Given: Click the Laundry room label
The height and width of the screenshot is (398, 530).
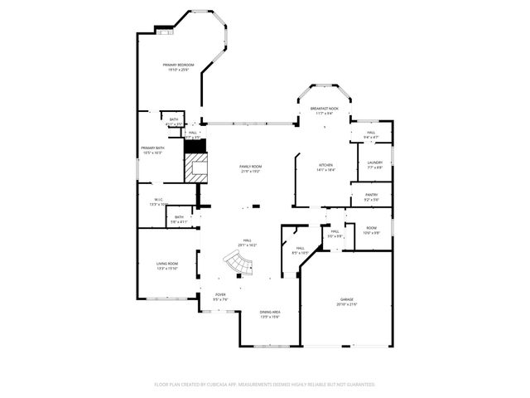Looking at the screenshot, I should [x=374, y=165].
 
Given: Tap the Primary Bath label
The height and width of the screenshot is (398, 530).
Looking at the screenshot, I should [x=151, y=150].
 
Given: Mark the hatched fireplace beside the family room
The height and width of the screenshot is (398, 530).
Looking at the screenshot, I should [x=195, y=167].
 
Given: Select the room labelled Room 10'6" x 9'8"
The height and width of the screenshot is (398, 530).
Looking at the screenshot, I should [x=371, y=231].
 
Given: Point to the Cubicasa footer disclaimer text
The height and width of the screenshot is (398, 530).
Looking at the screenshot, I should [x=265, y=384].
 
